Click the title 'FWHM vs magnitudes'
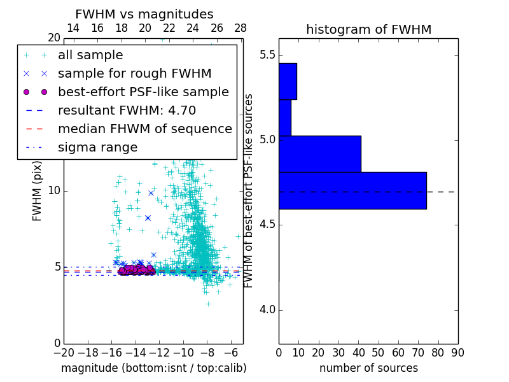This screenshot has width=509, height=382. (144, 14)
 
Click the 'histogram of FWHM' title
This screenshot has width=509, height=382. (368, 29)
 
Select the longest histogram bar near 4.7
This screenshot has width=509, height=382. (352, 190)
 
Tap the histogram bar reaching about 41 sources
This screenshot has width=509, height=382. (319, 153)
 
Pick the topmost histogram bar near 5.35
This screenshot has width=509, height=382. (288, 81)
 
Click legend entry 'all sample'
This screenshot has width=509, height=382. (90, 55)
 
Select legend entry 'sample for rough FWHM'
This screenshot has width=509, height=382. (135, 73)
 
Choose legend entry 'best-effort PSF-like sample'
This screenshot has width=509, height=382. (143, 92)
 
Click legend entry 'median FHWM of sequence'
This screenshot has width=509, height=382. (144, 129)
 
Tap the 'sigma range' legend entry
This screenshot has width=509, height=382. (97, 147)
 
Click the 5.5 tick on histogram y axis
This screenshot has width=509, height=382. (267, 55)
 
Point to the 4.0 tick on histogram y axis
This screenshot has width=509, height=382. (267, 310)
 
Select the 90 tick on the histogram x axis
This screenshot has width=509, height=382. (457, 352)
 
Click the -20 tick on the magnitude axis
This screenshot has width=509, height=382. (64, 352)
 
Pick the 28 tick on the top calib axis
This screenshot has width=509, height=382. (241, 28)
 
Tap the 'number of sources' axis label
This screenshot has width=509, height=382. (368, 368)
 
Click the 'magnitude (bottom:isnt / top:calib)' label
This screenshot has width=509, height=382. (153, 368)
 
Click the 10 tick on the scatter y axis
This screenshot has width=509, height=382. (54, 191)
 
